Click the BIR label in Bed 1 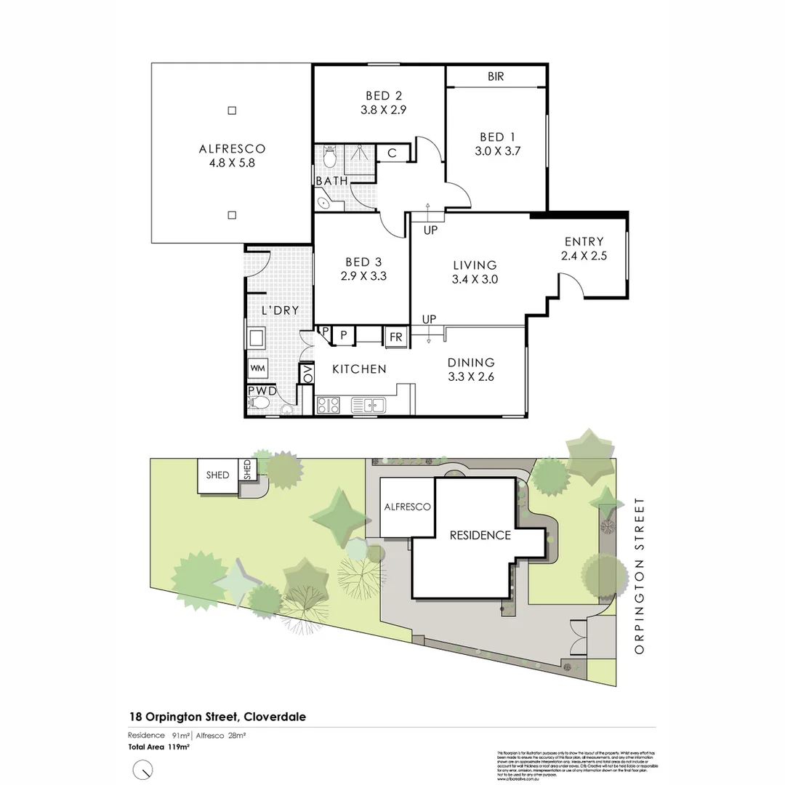[x=496, y=76]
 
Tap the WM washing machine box [x=257, y=369]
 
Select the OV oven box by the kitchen [x=307, y=374]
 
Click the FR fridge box [x=396, y=337]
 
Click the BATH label [x=331, y=180]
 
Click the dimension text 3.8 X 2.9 [x=384, y=110]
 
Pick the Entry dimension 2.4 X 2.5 [x=584, y=256]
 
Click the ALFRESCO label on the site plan [x=408, y=507]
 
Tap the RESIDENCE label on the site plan [x=480, y=535]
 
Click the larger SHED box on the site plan [x=217, y=475]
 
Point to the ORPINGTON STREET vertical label [x=639, y=576]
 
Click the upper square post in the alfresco [x=232, y=110]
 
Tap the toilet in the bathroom [x=328, y=156]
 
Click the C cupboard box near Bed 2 [x=391, y=153]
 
